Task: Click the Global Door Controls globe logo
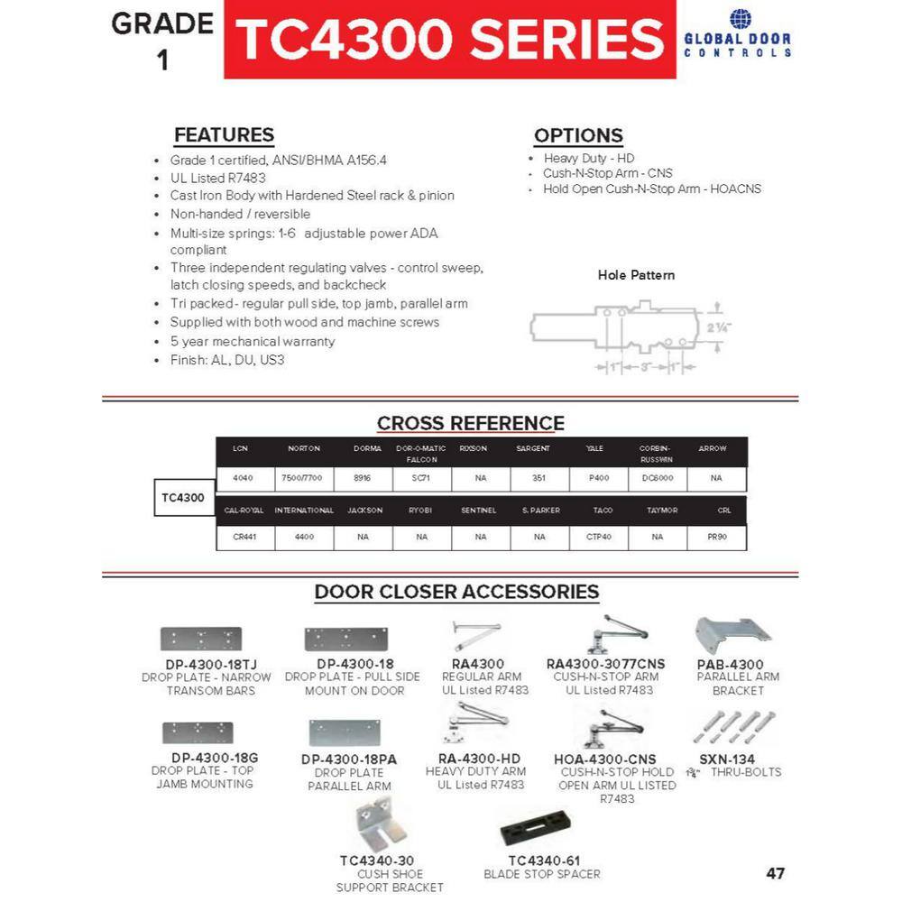click(x=740, y=19)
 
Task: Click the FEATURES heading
click(x=224, y=135)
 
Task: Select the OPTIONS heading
click(x=578, y=136)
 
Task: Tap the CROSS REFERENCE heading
click(x=470, y=423)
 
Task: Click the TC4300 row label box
click(x=183, y=497)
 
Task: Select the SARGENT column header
click(x=532, y=448)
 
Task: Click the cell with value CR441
click(x=244, y=537)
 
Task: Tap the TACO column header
click(x=603, y=511)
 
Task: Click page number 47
click(x=775, y=873)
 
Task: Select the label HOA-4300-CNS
click(x=605, y=759)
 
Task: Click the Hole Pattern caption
click(x=636, y=275)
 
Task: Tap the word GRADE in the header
click(x=162, y=24)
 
